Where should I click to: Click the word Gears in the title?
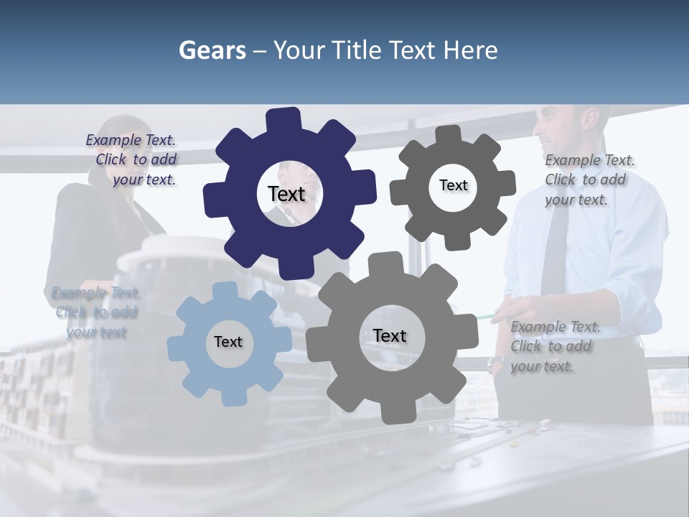click(x=212, y=50)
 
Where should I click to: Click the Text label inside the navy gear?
click(x=286, y=194)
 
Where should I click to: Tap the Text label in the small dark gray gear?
click(x=453, y=185)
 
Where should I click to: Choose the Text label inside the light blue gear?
click(x=228, y=342)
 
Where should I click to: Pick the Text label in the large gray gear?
click(x=390, y=335)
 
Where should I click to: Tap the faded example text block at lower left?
click(x=95, y=312)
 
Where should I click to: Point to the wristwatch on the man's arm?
click(x=495, y=364)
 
